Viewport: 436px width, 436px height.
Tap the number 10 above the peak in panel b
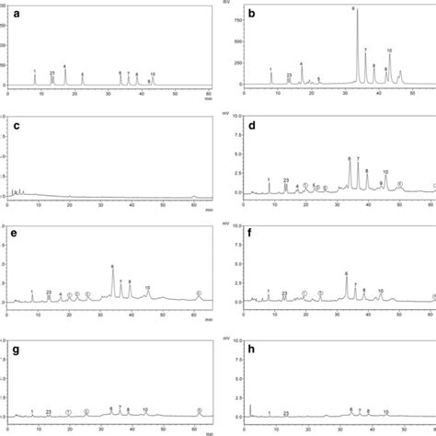(x=390, y=51)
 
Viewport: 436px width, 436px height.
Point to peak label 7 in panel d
(x=358, y=159)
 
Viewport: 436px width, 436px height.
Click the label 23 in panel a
(x=52, y=73)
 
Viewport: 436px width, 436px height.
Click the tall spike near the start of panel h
(x=249, y=407)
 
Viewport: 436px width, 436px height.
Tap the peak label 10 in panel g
(x=145, y=410)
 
